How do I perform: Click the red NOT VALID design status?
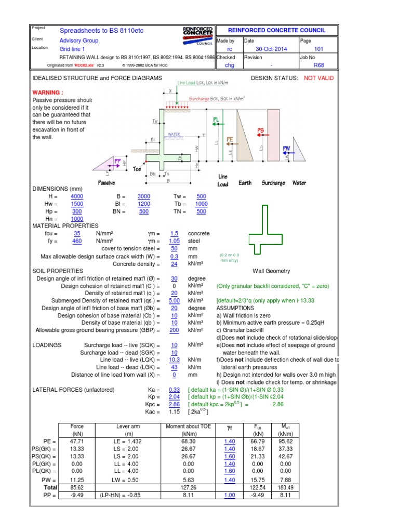[x=319, y=78]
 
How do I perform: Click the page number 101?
[x=318, y=49]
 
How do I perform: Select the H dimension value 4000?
[x=76, y=196]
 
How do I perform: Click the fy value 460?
[x=76, y=241]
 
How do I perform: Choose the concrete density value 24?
[x=174, y=263]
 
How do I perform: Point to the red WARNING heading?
[x=48, y=92]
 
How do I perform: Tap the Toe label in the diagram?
[x=137, y=169]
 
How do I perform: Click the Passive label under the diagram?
[x=106, y=183]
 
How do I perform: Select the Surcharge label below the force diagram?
[x=273, y=183]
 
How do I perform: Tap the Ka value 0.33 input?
[x=174, y=390]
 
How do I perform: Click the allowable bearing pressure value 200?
[x=174, y=330]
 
